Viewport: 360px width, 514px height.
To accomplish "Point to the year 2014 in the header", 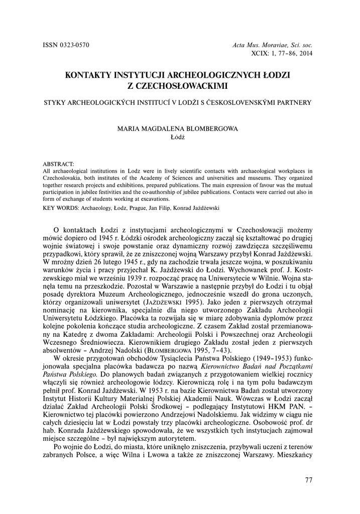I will click(304, 53).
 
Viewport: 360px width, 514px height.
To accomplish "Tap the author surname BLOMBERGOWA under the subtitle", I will click(209, 128).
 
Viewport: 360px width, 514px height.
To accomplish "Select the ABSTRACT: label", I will click(59, 164).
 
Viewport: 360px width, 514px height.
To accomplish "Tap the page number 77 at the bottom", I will click(308, 480).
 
